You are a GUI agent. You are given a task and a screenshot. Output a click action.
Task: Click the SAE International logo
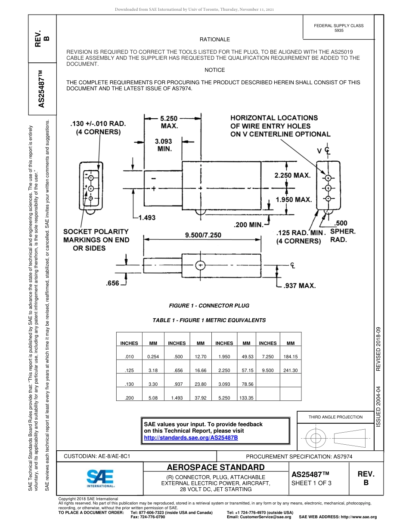100,478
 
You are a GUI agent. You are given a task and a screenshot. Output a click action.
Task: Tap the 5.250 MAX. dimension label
169,122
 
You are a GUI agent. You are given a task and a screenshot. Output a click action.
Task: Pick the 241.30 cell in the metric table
291,370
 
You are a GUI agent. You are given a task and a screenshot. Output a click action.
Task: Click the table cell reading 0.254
153,357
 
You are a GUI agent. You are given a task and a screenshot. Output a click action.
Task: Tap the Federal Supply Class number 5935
339,31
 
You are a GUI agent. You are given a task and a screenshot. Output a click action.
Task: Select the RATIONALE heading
214,40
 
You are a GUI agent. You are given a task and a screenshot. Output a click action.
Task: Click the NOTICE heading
214,70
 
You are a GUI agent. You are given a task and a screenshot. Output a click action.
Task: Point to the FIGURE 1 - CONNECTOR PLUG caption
209,306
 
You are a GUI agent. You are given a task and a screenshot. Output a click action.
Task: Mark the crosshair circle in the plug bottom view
200,265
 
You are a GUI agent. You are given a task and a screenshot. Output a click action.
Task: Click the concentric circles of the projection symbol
316,439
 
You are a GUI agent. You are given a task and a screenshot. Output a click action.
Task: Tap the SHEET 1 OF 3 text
312,483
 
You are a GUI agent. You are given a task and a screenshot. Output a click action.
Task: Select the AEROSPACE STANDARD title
216,467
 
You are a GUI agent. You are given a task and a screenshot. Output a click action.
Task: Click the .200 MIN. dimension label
248,225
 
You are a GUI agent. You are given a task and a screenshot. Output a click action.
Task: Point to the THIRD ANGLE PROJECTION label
335,417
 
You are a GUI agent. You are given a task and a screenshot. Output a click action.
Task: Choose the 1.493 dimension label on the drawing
146,218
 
